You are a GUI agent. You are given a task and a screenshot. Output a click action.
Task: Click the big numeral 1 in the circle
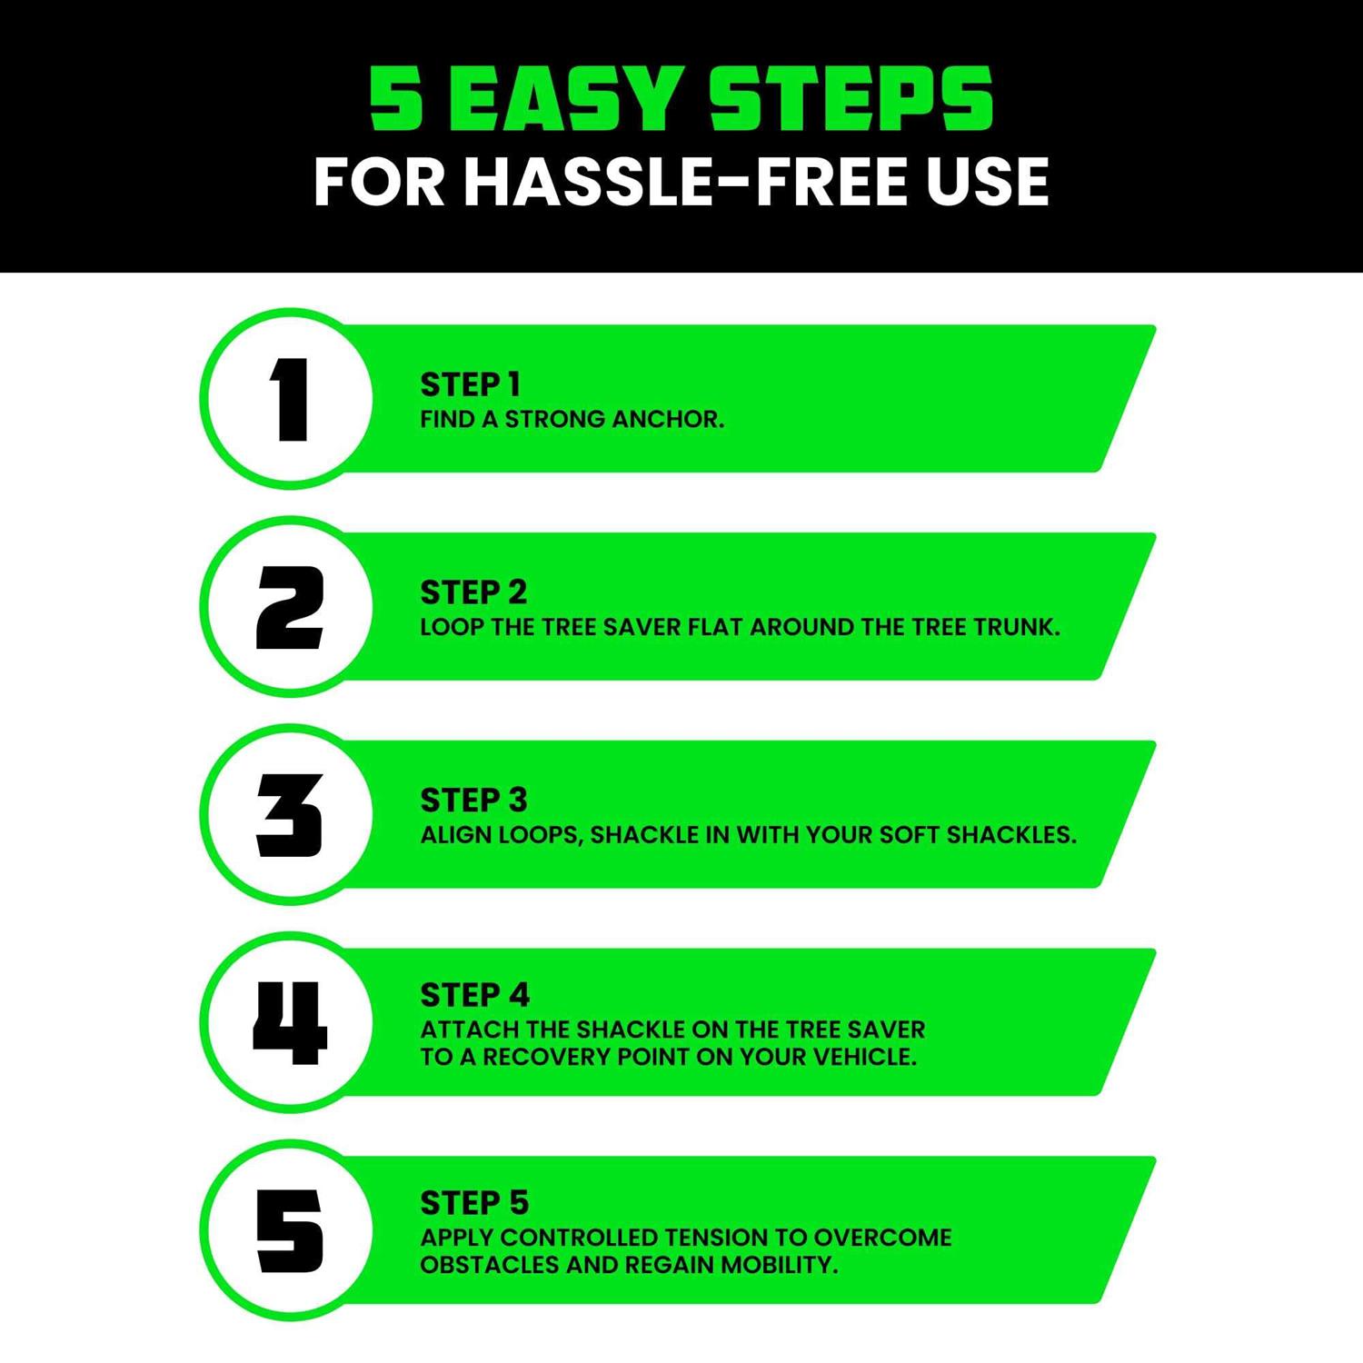pyautogui.click(x=291, y=400)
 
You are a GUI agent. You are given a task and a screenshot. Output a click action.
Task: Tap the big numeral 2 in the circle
pyautogui.click(x=290, y=608)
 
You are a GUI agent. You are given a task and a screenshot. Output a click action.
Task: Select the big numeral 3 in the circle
pyautogui.click(x=290, y=816)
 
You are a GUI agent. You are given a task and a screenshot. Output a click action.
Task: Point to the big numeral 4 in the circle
pyautogui.click(x=290, y=1023)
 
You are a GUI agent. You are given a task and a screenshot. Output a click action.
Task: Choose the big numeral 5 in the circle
pyautogui.click(x=290, y=1231)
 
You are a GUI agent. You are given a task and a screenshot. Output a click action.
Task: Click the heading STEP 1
pyautogui.click(x=470, y=385)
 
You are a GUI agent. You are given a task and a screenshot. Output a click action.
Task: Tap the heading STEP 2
pyautogui.click(x=473, y=592)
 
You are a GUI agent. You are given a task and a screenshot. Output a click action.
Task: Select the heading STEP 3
pyautogui.click(x=473, y=801)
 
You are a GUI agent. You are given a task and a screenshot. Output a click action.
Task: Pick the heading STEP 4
pyautogui.click(x=474, y=996)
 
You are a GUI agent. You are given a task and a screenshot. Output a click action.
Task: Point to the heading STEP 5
pyautogui.click(x=474, y=1203)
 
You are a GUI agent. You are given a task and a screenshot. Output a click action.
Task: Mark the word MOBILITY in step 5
pyautogui.click(x=779, y=1265)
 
